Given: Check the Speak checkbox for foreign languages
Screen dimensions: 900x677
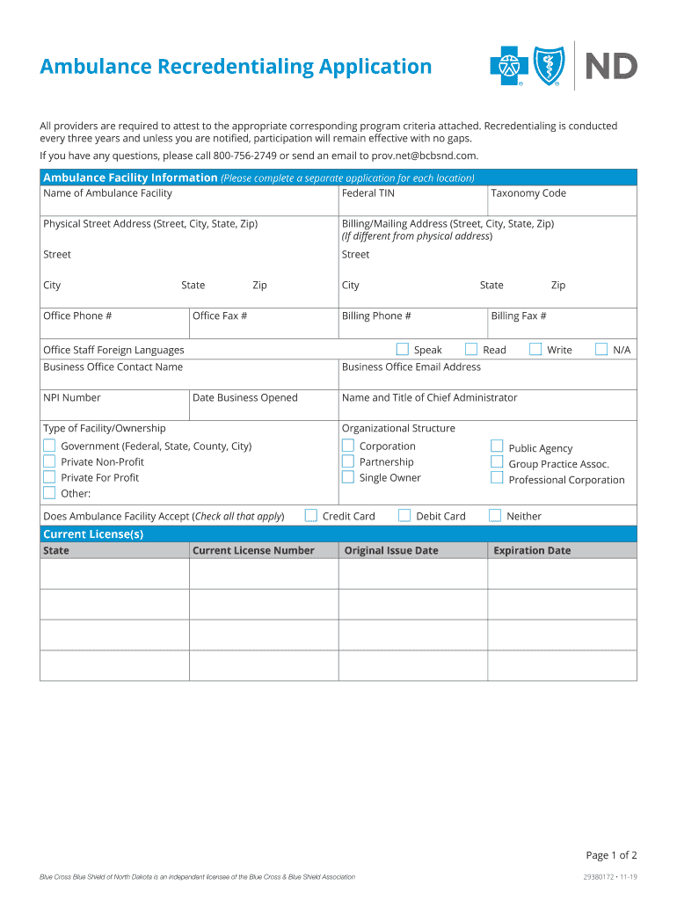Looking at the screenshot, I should click(403, 349).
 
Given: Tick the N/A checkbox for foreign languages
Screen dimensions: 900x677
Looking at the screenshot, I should click(601, 349).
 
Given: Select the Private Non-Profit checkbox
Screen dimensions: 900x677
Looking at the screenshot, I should click(49, 461).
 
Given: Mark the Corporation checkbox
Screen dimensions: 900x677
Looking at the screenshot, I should click(348, 446).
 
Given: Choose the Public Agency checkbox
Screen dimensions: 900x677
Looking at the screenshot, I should click(497, 446).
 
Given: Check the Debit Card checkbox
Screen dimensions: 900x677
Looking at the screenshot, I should click(404, 515).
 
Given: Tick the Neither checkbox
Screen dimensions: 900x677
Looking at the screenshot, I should click(495, 515).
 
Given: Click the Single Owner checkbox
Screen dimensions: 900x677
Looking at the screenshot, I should click(348, 477).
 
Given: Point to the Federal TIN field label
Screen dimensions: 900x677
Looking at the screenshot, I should click(368, 193).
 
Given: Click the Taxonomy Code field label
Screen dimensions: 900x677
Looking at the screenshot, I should click(528, 193).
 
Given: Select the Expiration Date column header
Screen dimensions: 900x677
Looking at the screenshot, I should click(532, 551).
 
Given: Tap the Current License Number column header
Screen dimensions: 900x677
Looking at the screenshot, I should click(253, 551).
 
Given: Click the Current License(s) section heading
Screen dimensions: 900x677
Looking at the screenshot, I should click(93, 534).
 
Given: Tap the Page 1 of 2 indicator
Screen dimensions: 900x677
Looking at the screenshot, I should click(611, 855).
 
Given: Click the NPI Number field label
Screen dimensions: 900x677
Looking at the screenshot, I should click(72, 398).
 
